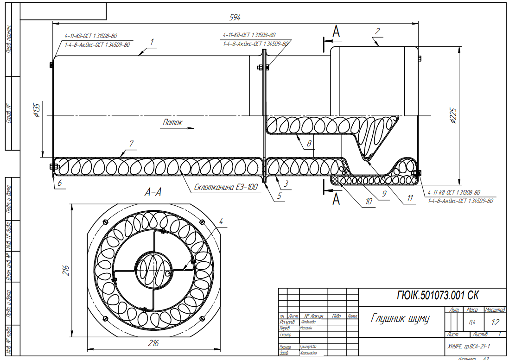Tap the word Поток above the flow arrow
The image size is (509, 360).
[x=172, y=122]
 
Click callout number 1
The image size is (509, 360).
[x=152, y=41]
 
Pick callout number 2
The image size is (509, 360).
[x=377, y=32]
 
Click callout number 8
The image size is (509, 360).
[x=308, y=144]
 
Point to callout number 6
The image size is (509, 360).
[x=59, y=183]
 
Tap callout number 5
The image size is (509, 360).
[x=279, y=196]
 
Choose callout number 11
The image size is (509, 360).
[x=410, y=198]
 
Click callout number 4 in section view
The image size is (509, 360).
[x=221, y=221]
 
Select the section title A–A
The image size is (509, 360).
[x=153, y=193]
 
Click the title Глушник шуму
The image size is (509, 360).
[x=400, y=319]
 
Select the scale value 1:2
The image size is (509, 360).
[x=495, y=322]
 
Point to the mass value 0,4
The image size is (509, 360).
[x=472, y=322]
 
